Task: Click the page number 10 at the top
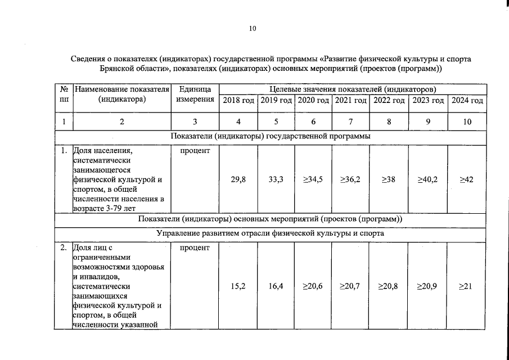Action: pyautogui.click(x=253, y=29)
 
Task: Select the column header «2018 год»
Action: pyautogui.click(x=238, y=100)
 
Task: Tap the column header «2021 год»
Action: pyautogui.click(x=350, y=100)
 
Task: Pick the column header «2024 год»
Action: pyautogui.click(x=467, y=100)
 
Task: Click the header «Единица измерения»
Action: pyautogui.click(x=195, y=94)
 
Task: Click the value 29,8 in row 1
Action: pyautogui.click(x=238, y=179)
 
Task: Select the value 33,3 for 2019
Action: pyautogui.click(x=276, y=179)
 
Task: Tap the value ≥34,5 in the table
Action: pyautogui.click(x=313, y=179)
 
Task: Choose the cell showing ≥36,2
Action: pyautogui.click(x=350, y=179)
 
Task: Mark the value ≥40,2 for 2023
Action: pyautogui.click(x=427, y=179)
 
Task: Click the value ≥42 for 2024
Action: pyautogui.click(x=467, y=179)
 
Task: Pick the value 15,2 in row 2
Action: pyautogui.click(x=238, y=286)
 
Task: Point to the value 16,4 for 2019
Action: pyautogui.click(x=276, y=286)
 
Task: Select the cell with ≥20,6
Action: pyautogui.click(x=313, y=286)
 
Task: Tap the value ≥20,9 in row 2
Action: pyautogui.click(x=427, y=286)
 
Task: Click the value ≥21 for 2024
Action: pyautogui.click(x=467, y=286)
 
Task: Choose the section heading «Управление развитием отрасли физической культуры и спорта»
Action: pyautogui.click(x=271, y=232)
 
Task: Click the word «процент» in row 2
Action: pyautogui.click(x=195, y=247)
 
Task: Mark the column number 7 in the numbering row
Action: pyautogui.click(x=350, y=121)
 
